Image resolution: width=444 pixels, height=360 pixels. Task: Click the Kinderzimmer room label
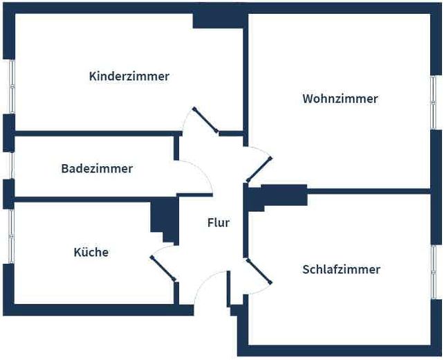[129, 76]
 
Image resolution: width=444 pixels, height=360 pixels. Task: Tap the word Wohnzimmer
[340, 99]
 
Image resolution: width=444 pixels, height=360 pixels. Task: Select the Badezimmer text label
[97, 168]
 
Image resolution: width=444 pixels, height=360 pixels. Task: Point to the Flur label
[218, 223]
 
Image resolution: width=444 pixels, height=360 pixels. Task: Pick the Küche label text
[91, 252]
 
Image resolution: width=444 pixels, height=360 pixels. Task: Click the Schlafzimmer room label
[341, 269]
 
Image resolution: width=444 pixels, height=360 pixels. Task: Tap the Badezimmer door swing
[196, 177]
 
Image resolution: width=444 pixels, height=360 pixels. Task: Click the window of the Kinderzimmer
[10, 86]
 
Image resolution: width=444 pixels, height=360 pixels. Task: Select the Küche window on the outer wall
[10, 235]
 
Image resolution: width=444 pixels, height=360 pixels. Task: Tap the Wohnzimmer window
[435, 102]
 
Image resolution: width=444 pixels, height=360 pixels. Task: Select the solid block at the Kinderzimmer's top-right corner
[217, 19]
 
